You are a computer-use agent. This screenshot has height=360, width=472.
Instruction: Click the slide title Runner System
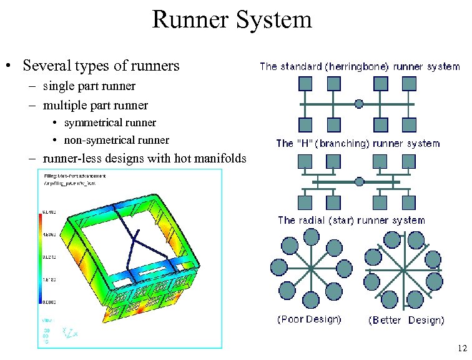point(232,20)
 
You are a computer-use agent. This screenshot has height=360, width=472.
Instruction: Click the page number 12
point(461,348)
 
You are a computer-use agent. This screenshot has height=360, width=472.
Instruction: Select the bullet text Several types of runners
point(101,66)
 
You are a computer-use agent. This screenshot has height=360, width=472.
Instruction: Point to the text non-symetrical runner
point(116,140)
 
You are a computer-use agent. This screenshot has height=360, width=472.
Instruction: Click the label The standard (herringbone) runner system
point(359,66)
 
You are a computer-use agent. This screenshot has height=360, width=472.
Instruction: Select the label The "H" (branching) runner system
point(358,144)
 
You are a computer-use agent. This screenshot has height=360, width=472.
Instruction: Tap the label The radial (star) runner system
point(351,221)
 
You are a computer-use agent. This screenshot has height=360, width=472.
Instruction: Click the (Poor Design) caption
point(309,319)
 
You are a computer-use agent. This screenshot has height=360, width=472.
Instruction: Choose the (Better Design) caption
point(406,320)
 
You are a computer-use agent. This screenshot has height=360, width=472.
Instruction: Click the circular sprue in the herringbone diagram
point(359,104)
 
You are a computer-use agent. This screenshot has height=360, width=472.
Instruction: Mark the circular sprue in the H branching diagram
point(359,181)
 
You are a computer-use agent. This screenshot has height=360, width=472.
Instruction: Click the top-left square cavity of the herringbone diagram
point(305,84)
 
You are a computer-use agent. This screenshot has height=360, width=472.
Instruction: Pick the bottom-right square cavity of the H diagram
point(408,202)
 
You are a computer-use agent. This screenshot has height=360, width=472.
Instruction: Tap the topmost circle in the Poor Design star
point(310,237)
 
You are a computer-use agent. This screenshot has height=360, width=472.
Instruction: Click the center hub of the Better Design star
point(405,269)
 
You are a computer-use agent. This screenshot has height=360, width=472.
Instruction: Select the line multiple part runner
point(95,104)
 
